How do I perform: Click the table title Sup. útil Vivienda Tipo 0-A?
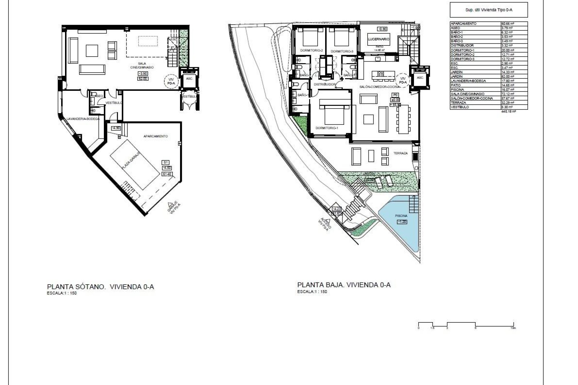tap(489, 10)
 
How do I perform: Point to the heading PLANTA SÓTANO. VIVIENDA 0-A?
tap(101, 287)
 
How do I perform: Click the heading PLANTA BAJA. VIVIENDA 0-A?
tap(344, 285)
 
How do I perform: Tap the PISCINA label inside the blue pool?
tap(401, 216)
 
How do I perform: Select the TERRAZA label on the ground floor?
tap(400, 153)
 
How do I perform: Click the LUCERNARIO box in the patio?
tap(379, 39)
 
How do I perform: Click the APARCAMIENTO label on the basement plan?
tap(156, 136)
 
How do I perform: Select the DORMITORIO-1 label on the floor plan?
tap(327, 128)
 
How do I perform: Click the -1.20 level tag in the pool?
tap(402, 222)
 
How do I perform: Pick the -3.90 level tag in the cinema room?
tap(143, 74)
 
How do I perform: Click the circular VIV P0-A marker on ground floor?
tap(402, 80)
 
